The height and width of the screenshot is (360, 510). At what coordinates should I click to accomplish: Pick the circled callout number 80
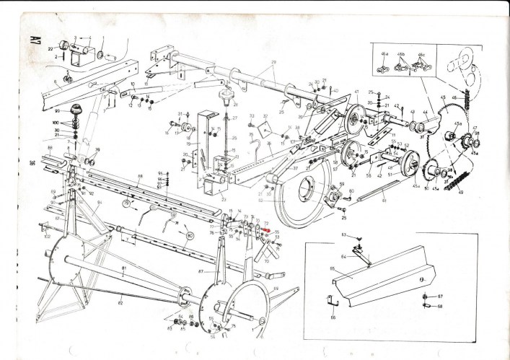(x=190, y=234)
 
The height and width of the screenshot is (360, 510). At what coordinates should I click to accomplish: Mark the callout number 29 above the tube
(x=274, y=63)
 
